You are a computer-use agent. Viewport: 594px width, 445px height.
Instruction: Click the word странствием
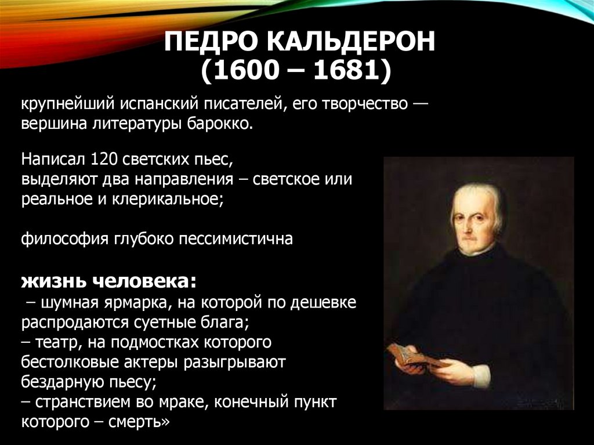coord(88,401)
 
